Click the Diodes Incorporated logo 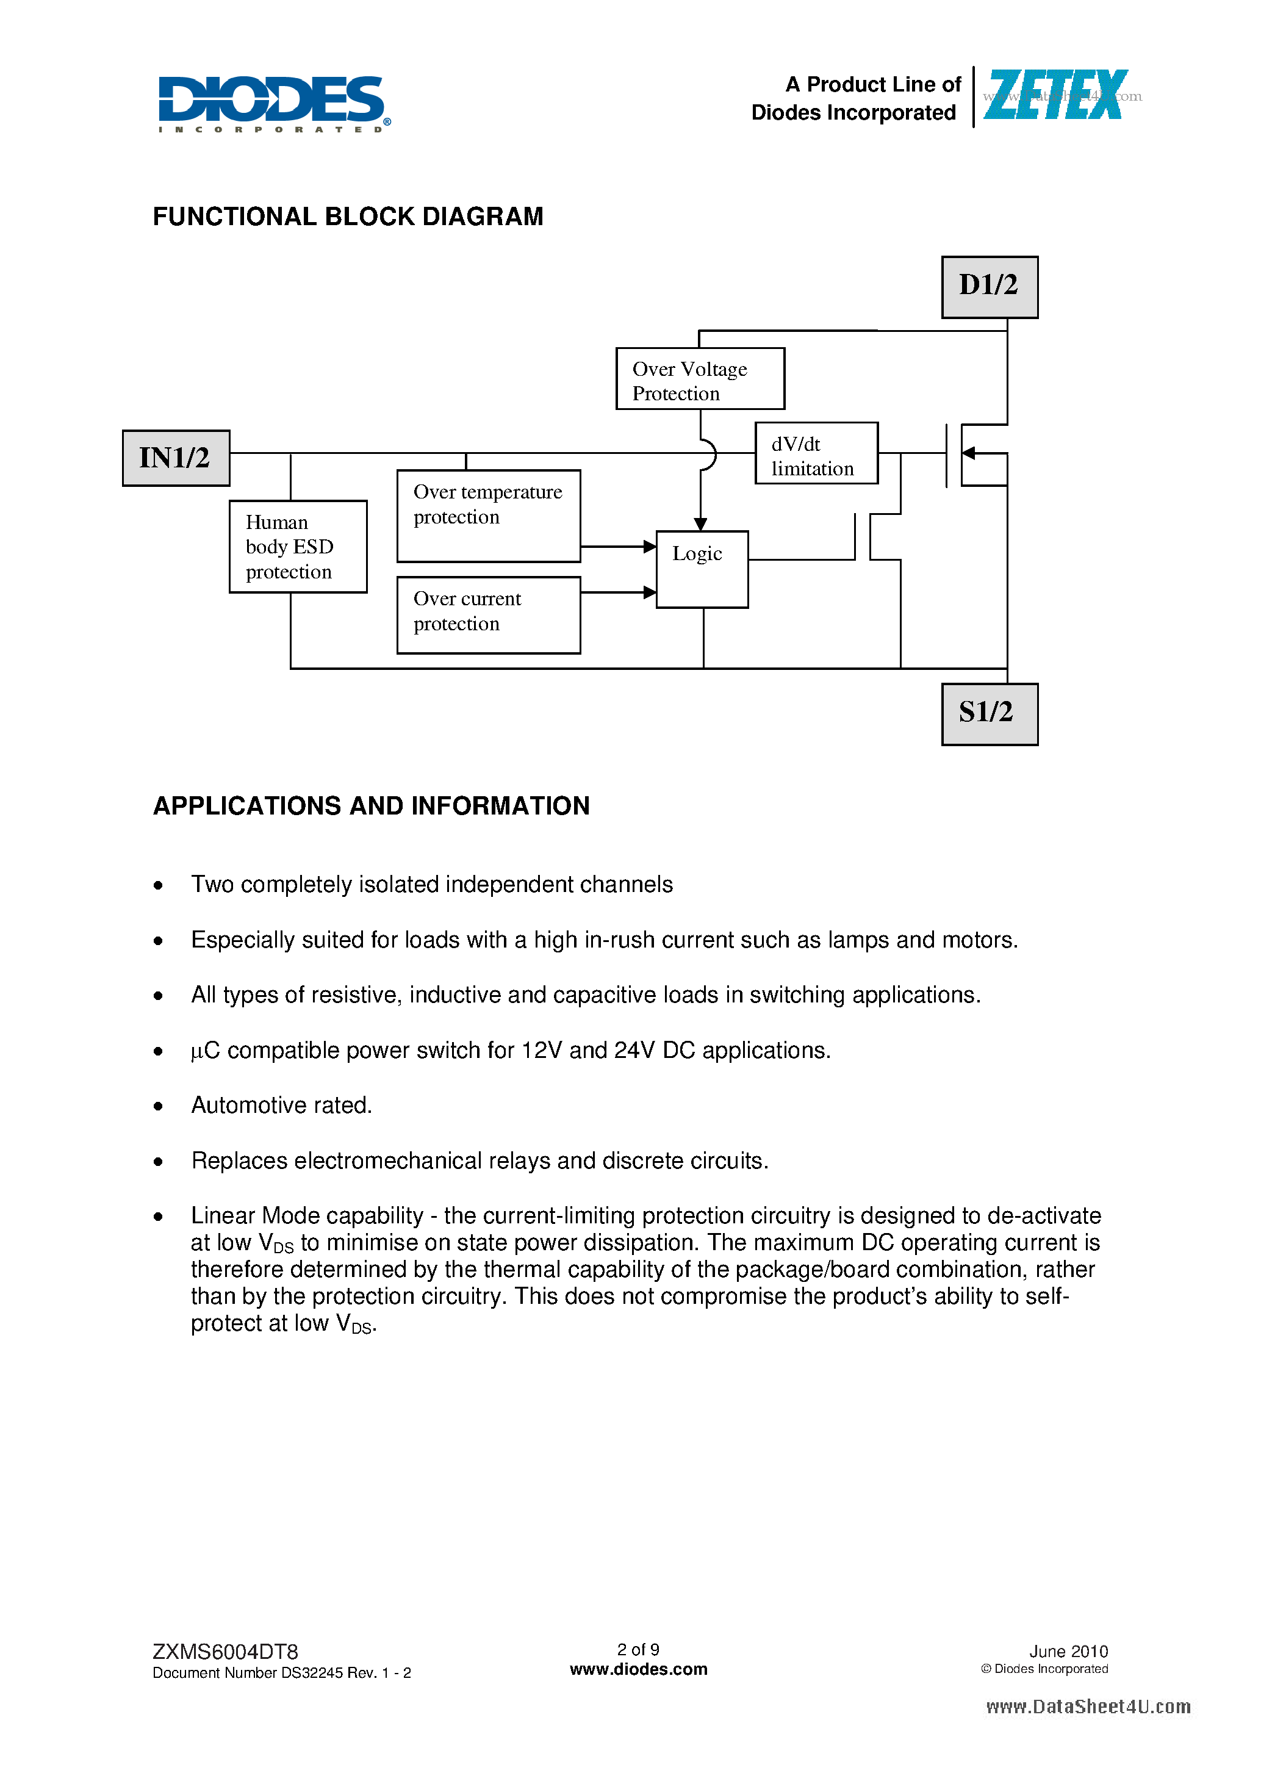[273, 103]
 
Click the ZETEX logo [1055, 96]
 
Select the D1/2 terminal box [989, 287]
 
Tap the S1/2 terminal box [989, 714]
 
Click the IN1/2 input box [176, 458]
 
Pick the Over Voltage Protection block [699, 378]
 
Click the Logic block [702, 569]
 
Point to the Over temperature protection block [488, 515]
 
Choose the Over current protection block [488, 614]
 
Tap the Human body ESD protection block [298, 546]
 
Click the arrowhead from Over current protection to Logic [650, 592]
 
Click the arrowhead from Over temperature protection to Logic [650, 546]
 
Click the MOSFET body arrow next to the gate [968, 453]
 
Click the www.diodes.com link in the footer [638, 1669]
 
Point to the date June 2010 [1068, 1651]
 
